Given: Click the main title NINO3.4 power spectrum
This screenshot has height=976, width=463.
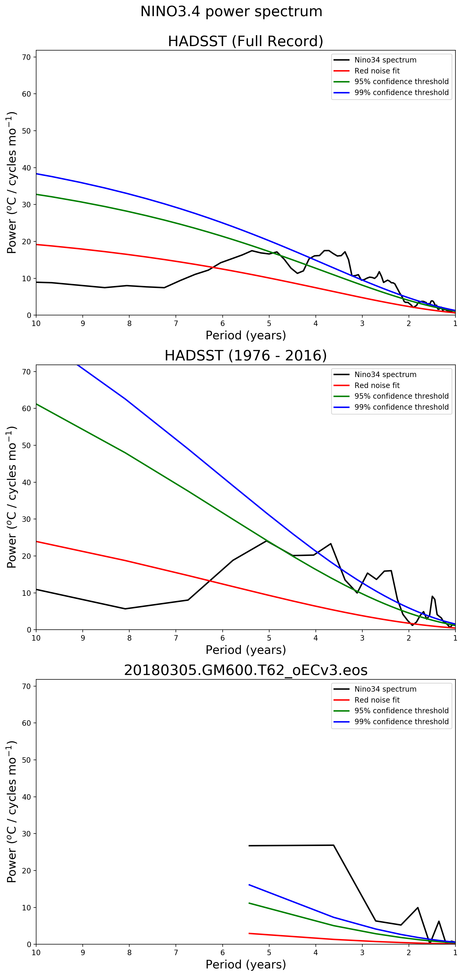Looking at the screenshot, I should (231, 12).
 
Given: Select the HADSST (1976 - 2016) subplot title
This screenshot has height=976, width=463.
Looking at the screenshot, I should (245, 356).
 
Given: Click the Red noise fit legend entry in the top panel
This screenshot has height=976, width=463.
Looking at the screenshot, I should (377, 71).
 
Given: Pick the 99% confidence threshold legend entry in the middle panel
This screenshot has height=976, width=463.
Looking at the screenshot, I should (401, 407).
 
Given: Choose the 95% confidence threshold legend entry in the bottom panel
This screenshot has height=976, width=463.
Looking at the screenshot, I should (401, 711).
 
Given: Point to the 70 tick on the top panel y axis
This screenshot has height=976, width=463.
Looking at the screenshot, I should (27, 57).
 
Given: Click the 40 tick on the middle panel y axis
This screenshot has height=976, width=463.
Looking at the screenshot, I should (27, 482).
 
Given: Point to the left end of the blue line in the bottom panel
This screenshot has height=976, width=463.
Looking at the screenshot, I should (249, 885).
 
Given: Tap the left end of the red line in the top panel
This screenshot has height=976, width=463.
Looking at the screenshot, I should (36, 244).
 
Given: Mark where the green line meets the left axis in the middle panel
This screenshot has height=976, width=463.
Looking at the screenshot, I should (36, 404).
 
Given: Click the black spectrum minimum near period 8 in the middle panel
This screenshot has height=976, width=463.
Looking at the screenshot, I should (125, 609).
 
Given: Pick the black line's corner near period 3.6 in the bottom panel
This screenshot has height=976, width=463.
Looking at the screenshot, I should (333, 845).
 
